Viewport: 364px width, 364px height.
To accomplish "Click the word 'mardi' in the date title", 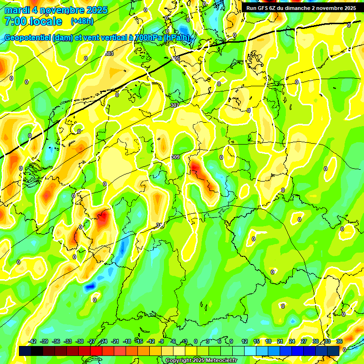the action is coord(17,10).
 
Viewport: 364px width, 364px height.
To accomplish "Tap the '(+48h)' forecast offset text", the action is coord(82,21).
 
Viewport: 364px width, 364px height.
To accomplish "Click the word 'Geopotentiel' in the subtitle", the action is coord(28,37).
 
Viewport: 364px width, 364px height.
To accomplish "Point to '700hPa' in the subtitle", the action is coord(148,37).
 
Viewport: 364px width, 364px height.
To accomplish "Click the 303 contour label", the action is coord(109,54).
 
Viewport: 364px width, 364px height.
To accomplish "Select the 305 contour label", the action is coord(176,58).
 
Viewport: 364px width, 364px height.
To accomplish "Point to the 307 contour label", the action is coord(174,105).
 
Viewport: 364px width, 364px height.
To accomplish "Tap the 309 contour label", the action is coord(175,157).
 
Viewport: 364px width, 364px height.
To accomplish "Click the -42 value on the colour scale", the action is coord(33,342).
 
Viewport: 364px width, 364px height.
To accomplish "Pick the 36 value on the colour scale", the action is coord(339,342).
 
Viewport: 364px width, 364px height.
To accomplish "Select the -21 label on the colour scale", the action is coord(115,342).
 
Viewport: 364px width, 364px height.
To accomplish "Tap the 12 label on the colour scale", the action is coord(244,342).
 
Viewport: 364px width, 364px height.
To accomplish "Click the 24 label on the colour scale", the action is coord(291,342).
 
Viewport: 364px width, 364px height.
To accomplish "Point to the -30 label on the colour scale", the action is coord(80,342).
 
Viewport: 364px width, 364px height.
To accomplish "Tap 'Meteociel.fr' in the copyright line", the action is coord(221,361).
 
